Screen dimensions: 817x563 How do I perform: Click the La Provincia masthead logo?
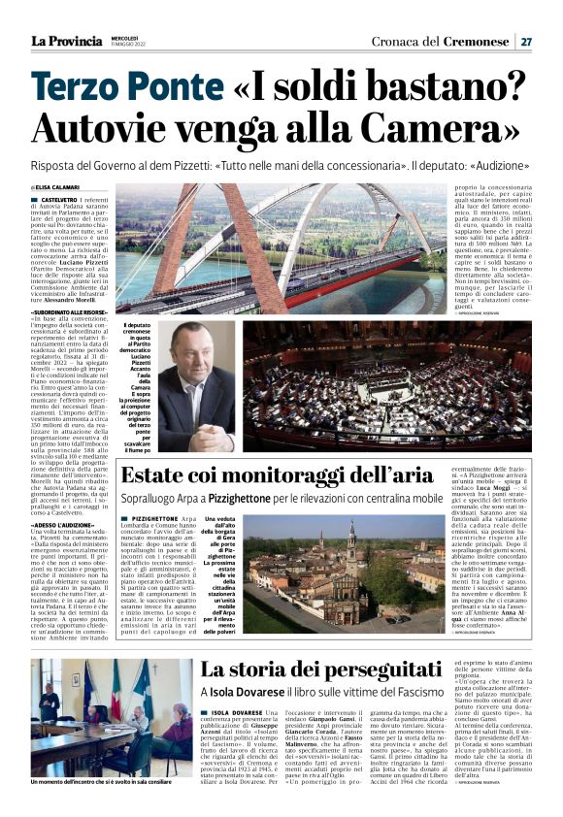click(x=65, y=41)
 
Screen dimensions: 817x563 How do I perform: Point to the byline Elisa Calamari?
click(x=58, y=187)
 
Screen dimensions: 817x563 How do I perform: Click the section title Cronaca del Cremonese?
click(x=438, y=42)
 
